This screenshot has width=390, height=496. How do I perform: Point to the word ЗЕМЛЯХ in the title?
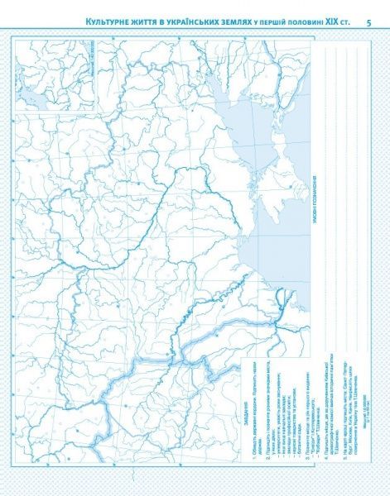251,21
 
